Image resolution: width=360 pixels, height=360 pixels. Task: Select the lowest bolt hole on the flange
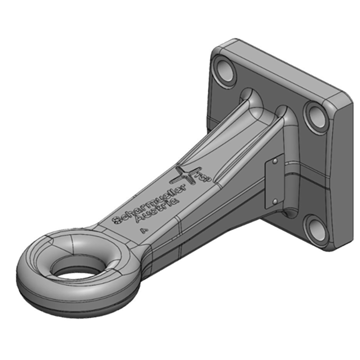tap(317, 228)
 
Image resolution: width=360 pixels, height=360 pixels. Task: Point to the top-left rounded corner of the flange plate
tap(220, 45)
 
